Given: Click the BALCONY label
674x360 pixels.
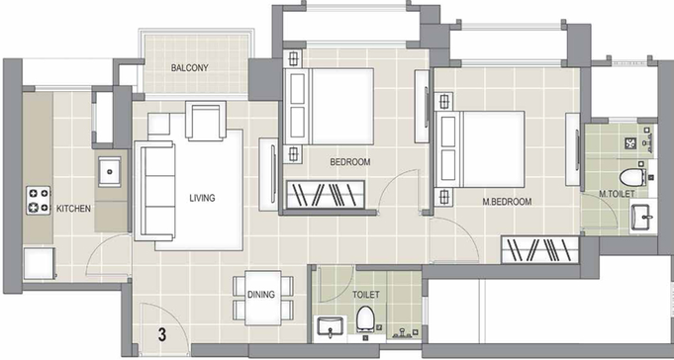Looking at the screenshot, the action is tap(190, 68).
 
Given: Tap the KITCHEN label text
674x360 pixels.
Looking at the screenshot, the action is tap(73, 209).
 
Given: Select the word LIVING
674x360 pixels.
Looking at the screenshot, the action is tap(202, 198).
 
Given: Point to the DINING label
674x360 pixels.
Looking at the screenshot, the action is tap(261, 295).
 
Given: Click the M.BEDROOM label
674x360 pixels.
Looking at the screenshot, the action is tap(507, 202).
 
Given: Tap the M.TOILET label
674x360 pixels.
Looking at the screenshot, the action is tap(617, 194).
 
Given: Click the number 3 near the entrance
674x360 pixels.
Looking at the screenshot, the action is tap(162, 334).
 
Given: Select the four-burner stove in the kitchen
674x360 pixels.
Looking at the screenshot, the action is tap(39, 200).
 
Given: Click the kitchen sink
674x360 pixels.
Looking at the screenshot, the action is tap(110, 171).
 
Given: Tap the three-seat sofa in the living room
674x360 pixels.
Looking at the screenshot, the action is tap(154, 190).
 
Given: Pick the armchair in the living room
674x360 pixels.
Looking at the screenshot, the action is tap(206, 121).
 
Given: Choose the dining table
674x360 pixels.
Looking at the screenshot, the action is tap(263, 298).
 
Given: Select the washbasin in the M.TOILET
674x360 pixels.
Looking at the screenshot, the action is tap(642, 218).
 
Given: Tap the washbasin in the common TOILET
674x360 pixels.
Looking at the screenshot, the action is tap(330, 327).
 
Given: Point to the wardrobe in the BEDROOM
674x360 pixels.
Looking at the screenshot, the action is tap(326, 195).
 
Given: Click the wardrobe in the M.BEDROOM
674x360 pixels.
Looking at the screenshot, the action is tap(540, 249).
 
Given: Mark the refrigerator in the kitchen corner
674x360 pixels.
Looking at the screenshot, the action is tap(40, 263).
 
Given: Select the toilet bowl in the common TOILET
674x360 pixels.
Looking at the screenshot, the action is tap(366, 319).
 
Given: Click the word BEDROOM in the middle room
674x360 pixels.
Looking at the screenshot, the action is tap(350, 162).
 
